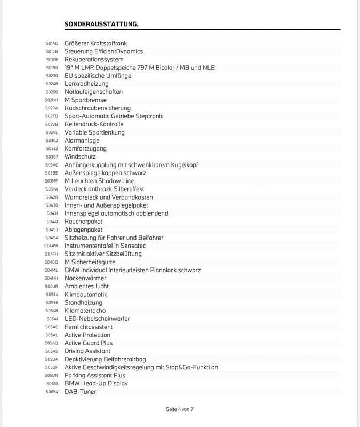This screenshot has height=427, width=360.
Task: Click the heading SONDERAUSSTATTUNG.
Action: point(101,24)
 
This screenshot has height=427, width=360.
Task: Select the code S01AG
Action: point(52,43)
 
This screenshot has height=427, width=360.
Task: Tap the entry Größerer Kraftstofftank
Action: point(95,43)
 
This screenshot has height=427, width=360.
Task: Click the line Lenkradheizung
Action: point(86,84)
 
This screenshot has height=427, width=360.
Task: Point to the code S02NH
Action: point(51,100)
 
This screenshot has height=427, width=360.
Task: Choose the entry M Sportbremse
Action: point(85,100)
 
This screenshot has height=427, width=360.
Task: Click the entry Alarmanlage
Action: point(82,140)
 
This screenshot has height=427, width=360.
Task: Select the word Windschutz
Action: point(81,157)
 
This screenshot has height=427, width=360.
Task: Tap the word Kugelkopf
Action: point(183,165)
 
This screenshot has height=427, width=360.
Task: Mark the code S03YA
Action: point(51,189)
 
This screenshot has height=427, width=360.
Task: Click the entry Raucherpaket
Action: point(84,222)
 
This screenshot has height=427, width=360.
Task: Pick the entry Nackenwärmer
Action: point(85,278)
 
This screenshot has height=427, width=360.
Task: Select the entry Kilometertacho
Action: point(85,311)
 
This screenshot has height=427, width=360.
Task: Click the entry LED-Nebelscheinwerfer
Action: point(97,319)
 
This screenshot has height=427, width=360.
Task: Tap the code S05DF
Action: point(51,368)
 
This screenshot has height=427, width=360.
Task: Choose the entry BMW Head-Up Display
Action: point(96,383)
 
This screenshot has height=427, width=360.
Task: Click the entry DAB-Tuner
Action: point(81,391)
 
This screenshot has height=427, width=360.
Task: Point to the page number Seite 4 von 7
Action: point(180,409)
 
